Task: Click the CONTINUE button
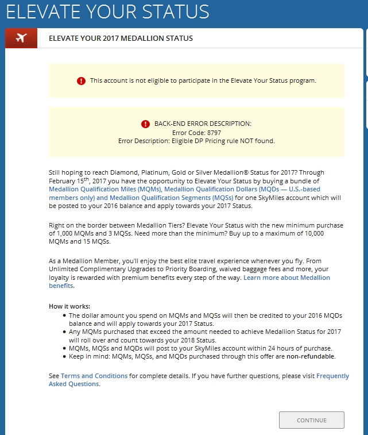311,420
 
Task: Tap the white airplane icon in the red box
21,38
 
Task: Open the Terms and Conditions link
94,376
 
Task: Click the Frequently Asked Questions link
332,376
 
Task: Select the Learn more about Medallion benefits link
286,278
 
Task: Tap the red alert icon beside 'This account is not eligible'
81,81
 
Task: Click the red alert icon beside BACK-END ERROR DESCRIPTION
146,124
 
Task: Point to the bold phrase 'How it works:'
69,306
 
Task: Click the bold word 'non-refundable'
311,356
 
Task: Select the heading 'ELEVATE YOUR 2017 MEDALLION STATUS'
121,39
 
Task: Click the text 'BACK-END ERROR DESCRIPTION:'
203,124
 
